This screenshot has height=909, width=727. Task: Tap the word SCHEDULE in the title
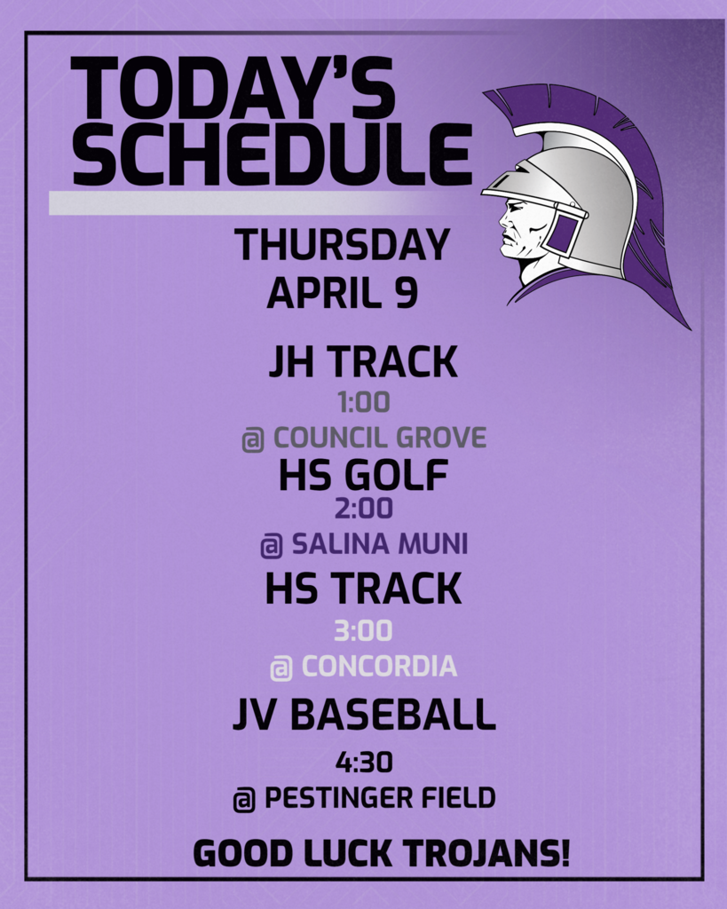click(x=272, y=155)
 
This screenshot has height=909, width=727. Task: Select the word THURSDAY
click(x=342, y=245)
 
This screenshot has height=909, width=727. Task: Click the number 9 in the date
click(x=407, y=293)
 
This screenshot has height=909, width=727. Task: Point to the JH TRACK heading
click(x=363, y=362)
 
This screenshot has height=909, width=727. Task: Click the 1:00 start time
click(x=364, y=402)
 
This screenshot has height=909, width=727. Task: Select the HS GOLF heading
click(x=364, y=475)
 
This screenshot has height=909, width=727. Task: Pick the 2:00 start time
click(x=364, y=509)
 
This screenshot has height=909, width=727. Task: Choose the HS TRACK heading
click(x=363, y=589)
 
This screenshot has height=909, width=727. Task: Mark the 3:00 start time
click(x=364, y=631)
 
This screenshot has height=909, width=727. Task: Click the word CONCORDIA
click(x=380, y=666)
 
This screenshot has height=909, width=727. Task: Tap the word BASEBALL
click(x=392, y=715)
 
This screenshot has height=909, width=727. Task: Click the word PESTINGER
click(x=338, y=798)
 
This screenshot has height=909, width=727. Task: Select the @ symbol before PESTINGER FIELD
click(x=244, y=800)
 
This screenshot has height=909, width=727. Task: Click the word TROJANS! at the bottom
click(x=486, y=853)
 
